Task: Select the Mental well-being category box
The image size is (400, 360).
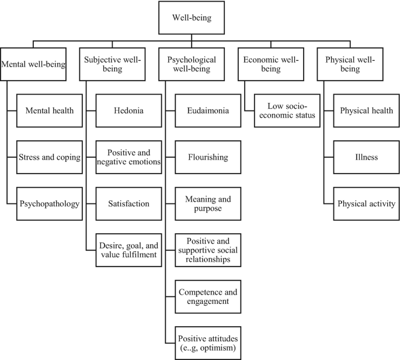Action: coord(34,64)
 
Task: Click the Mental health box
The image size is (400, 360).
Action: coord(46,109)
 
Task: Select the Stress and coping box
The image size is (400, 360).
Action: coord(46,157)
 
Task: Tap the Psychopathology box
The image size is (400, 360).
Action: coord(46,204)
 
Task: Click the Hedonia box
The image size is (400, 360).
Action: coord(129,109)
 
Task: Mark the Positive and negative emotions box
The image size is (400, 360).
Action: coord(129,157)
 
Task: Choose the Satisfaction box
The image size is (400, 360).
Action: coord(129,204)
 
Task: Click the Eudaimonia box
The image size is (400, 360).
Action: coord(208,109)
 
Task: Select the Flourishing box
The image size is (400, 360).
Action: coord(208,157)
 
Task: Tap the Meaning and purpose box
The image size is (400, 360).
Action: coord(208,204)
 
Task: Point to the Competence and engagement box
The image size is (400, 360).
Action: coord(208,296)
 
